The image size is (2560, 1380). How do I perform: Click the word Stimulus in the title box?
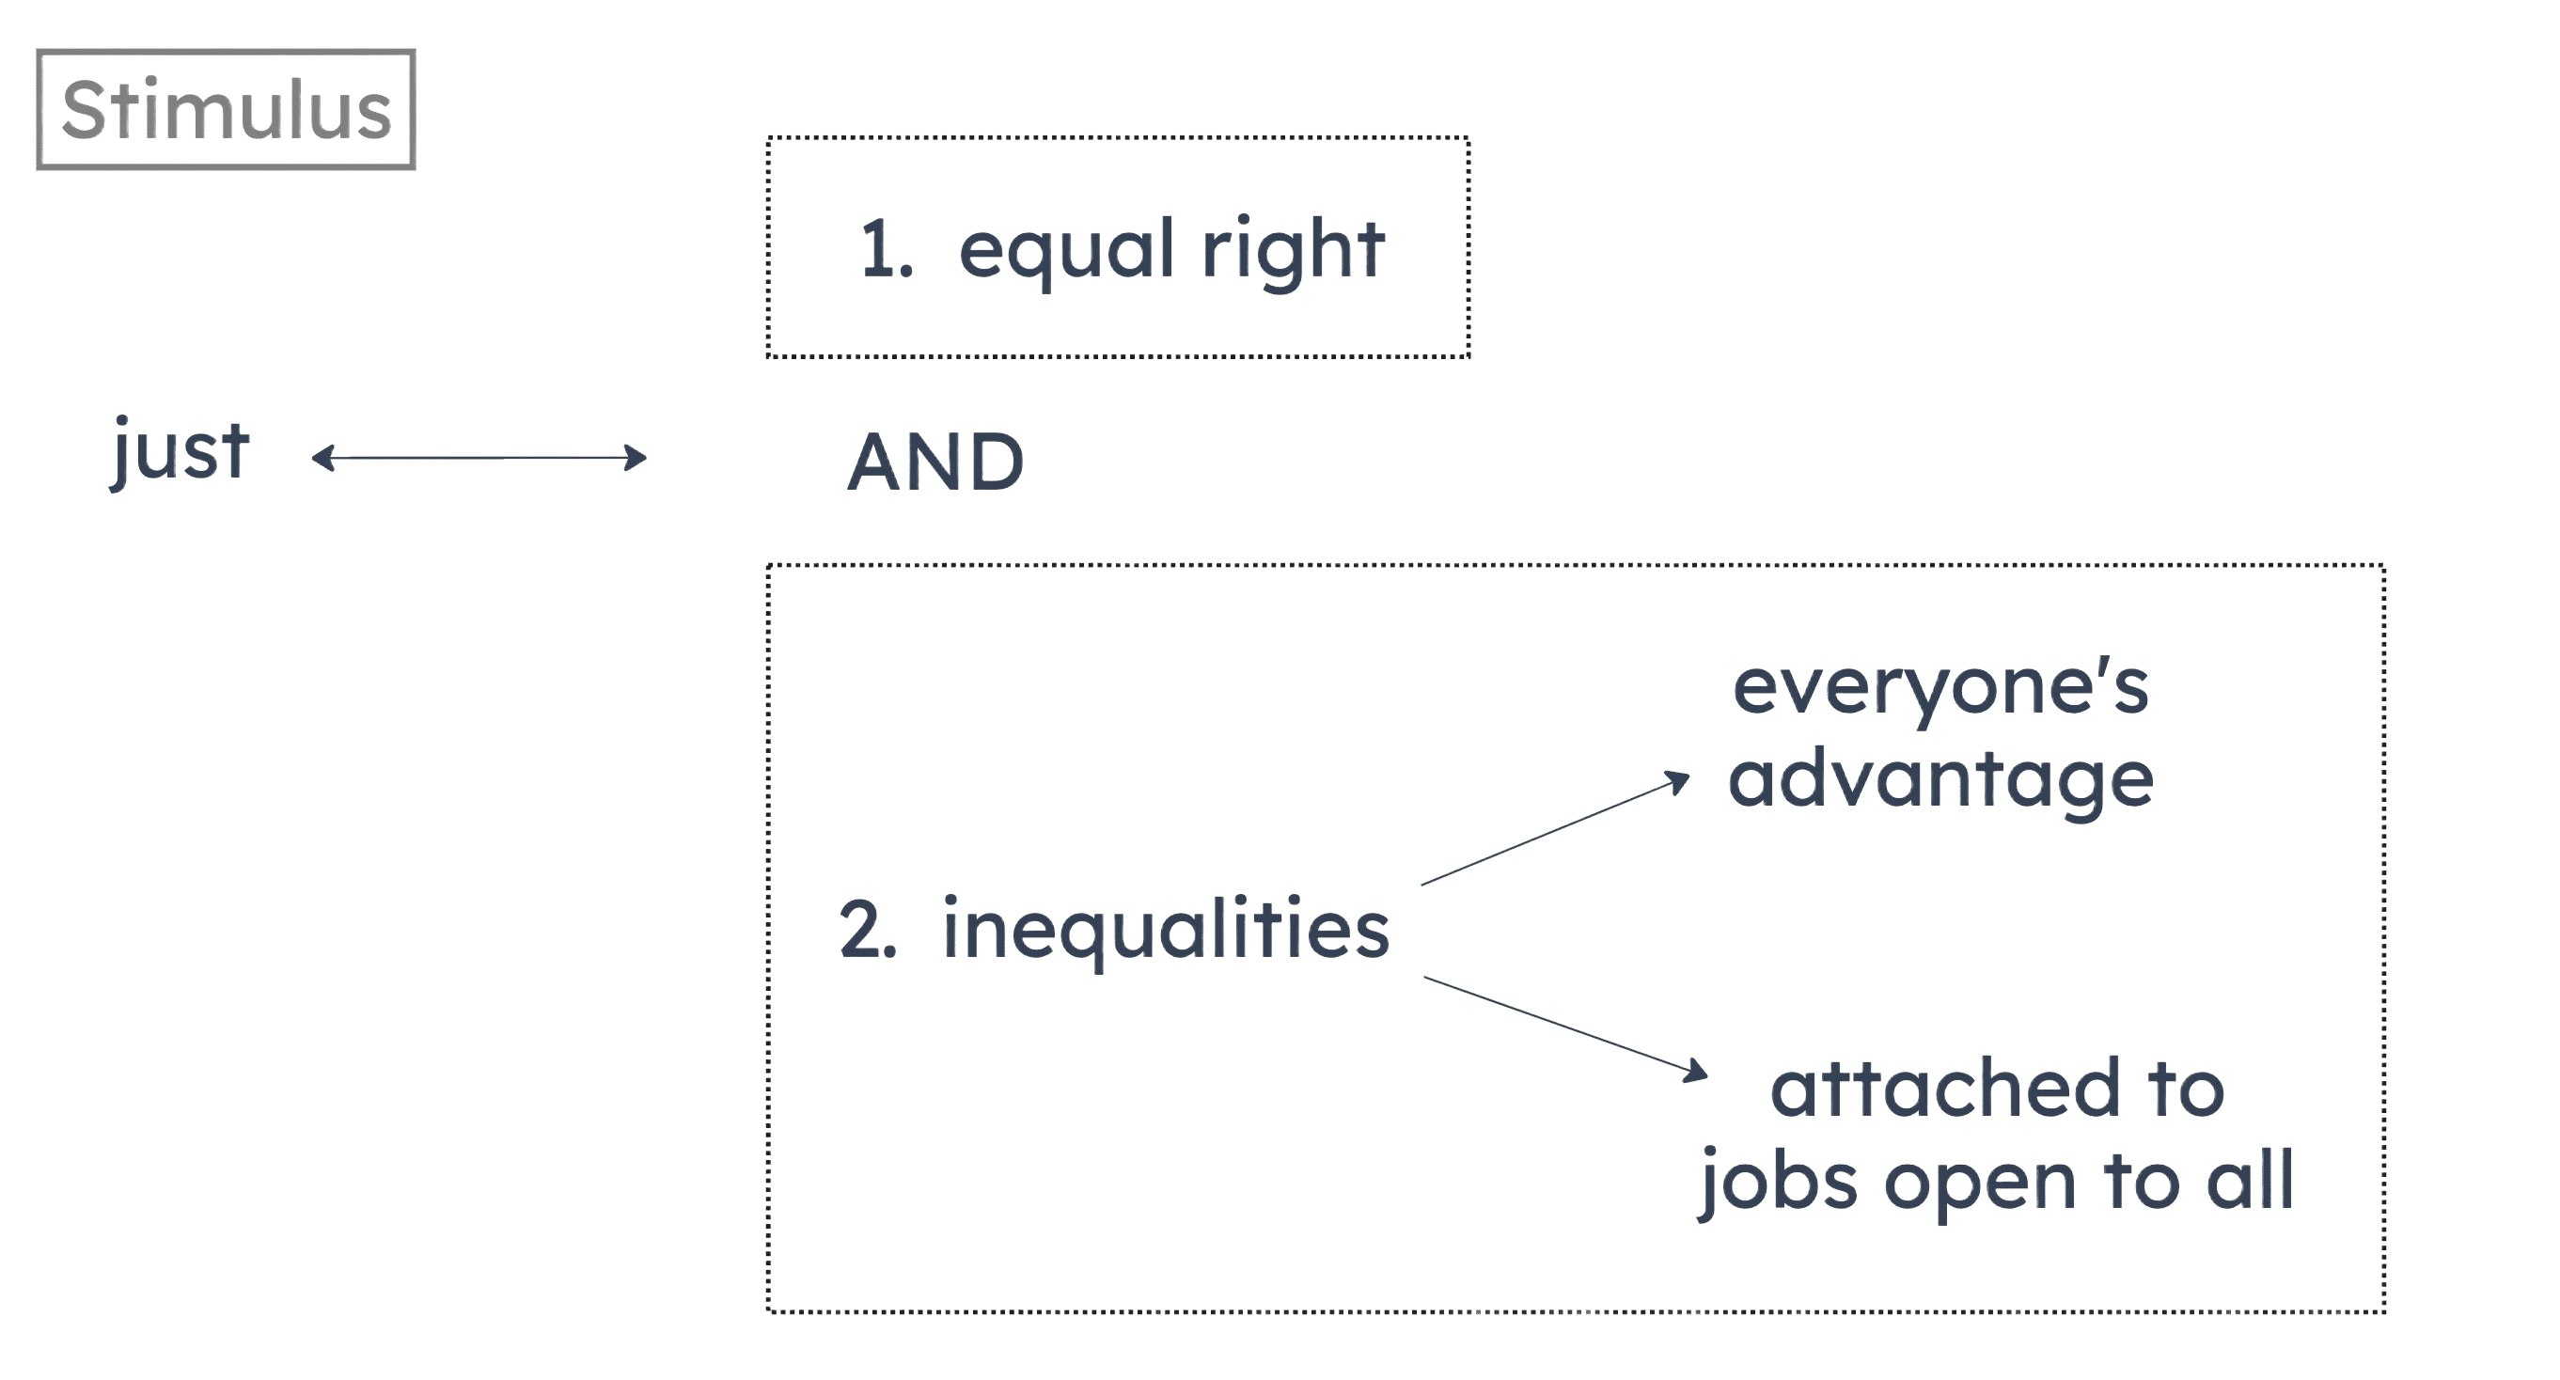226,109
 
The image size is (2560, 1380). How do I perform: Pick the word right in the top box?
1292,250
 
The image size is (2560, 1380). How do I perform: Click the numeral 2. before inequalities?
869,931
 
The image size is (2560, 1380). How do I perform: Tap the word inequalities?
1166,931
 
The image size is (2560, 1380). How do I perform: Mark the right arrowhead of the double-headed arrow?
638,458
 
